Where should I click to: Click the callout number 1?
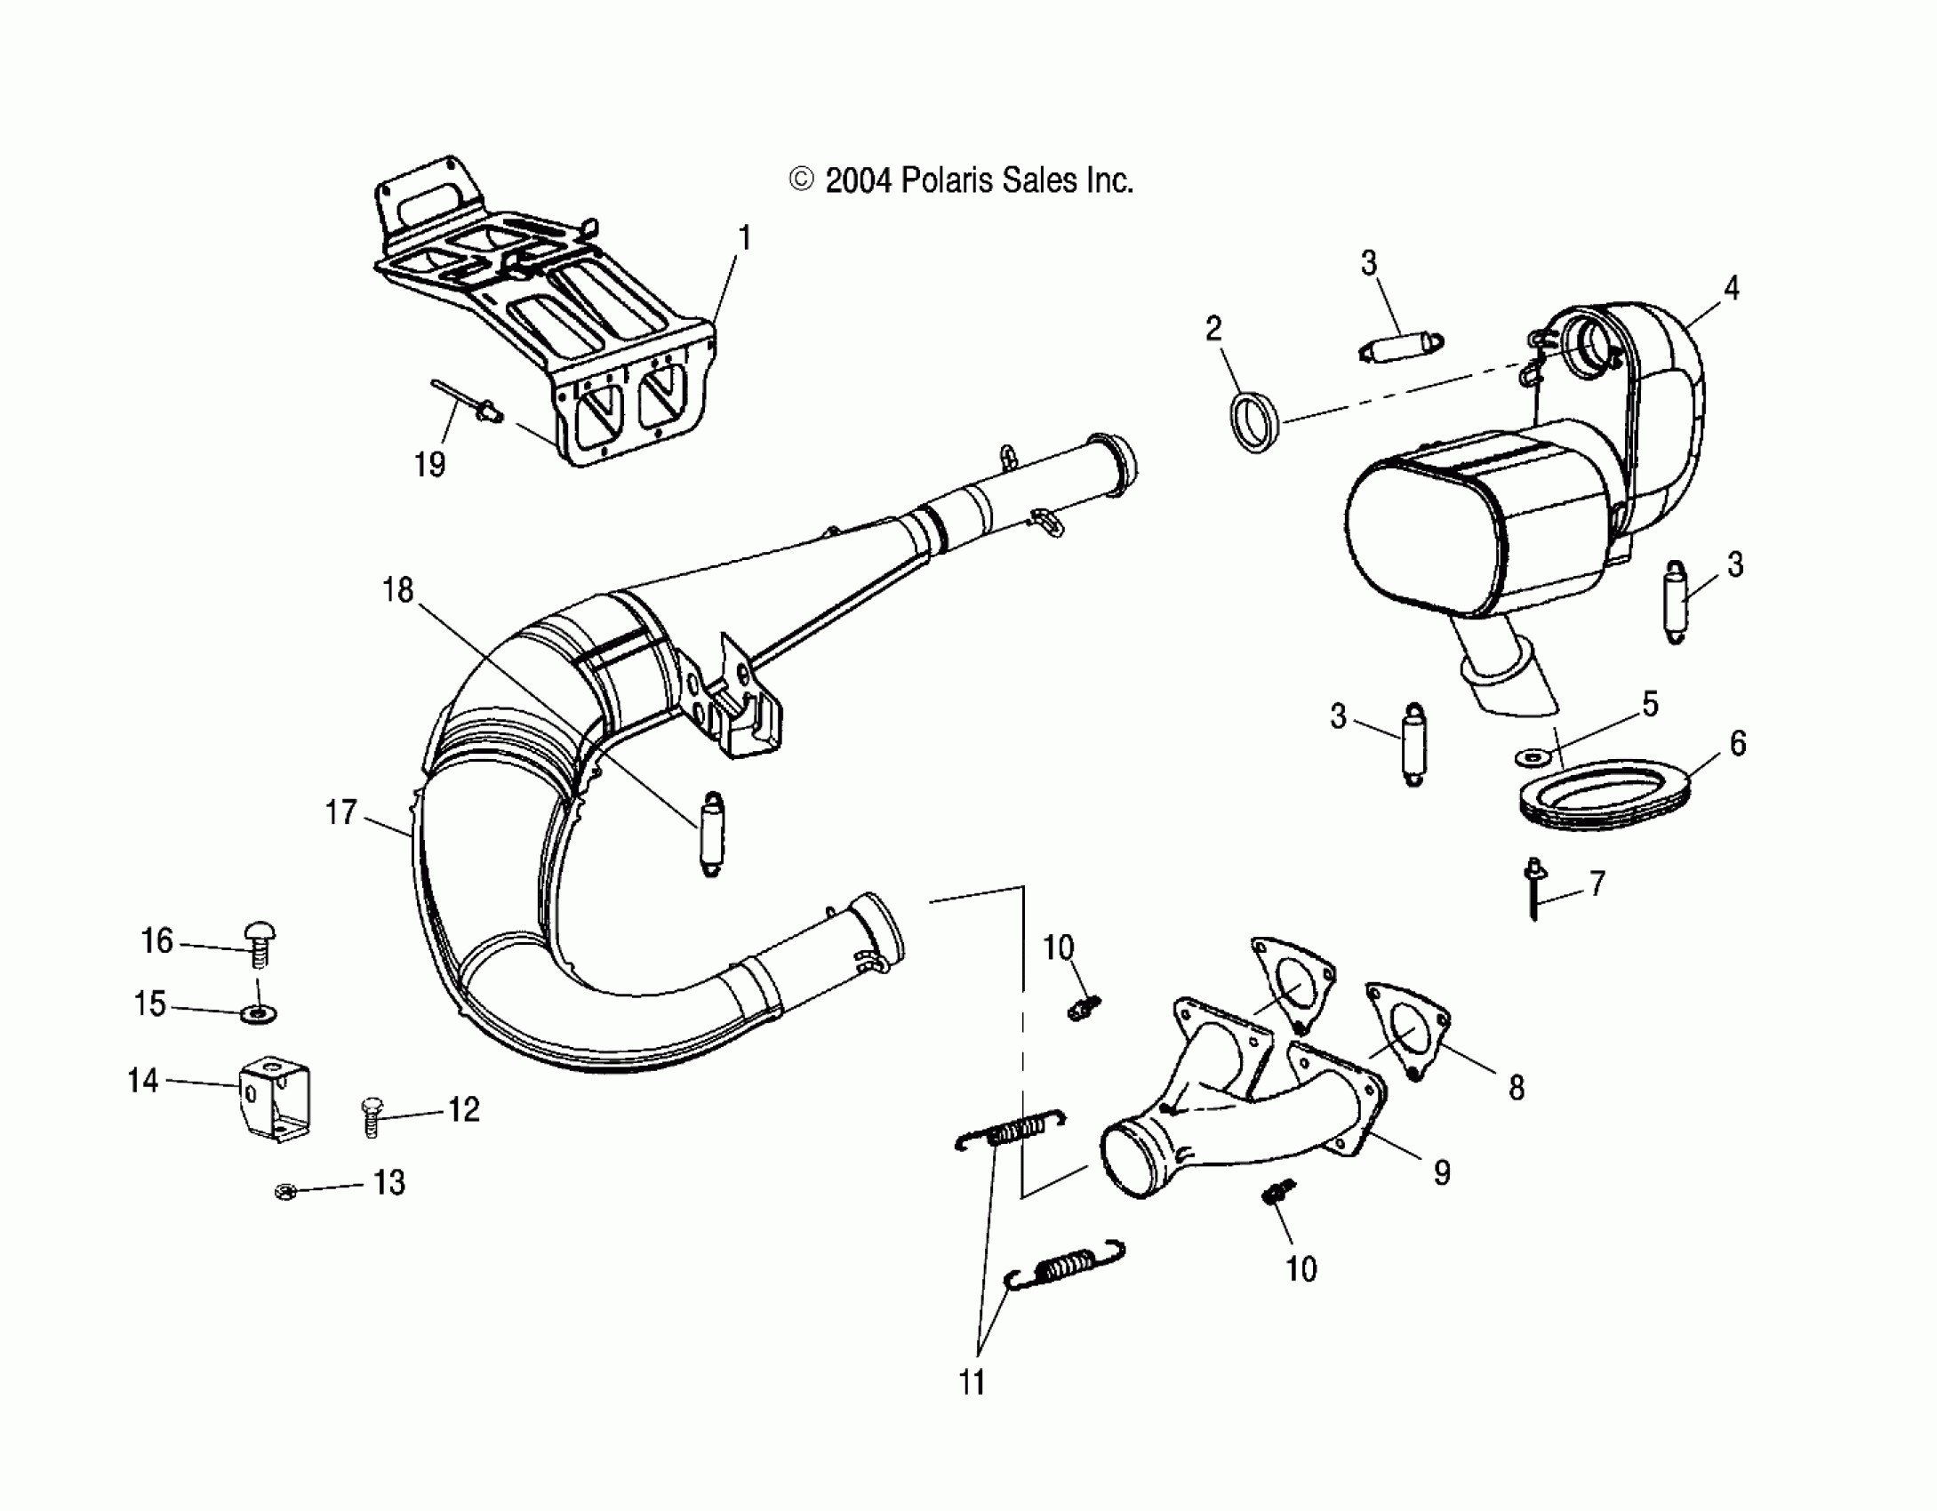pyautogui.click(x=745, y=238)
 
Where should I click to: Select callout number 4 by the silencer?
pyautogui.click(x=1731, y=288)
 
